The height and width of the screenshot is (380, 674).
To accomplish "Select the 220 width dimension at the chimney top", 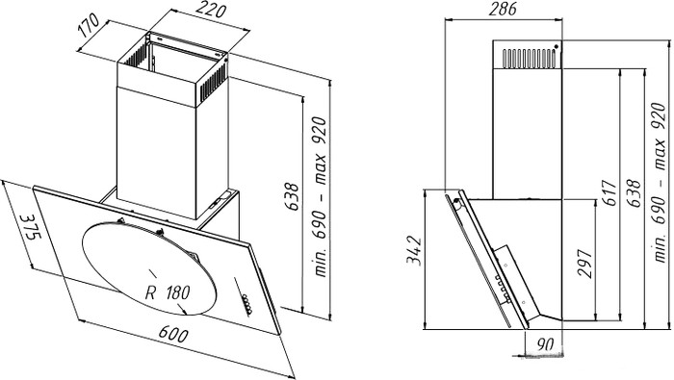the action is pyautogui.click(x=211, y=10).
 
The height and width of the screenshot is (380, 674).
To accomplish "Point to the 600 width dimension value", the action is pyautogui.click(x=173, y=334).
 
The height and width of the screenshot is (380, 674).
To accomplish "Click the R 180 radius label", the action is pyautogui.click(x=168, y=292).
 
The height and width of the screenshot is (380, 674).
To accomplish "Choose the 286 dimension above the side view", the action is pyautogui.click(x=502, y=9).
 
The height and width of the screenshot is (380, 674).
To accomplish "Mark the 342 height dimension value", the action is pyautogui.click(x=414, y=251).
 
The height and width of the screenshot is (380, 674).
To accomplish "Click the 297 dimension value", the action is pyautogui.click(x=584, y=264).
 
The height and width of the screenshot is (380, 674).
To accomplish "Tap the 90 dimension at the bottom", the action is pyautogui.click(x=545, y=344).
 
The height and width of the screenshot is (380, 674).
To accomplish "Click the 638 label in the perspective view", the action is pyautogui.click(x=292, y=196).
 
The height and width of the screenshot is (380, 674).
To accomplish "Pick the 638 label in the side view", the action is pyautogui.click(x=633, y=193).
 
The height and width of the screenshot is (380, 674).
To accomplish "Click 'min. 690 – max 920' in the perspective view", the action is pyautogui.click(x=321, y=197).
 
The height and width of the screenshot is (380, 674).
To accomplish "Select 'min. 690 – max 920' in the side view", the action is pyautogui.click(x=659, y=183).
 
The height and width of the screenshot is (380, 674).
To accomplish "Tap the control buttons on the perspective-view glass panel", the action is pyautogui.click(x=246, y=305).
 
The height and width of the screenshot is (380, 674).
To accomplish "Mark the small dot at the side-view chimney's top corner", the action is pyautogui.click(x=557, y=46).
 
